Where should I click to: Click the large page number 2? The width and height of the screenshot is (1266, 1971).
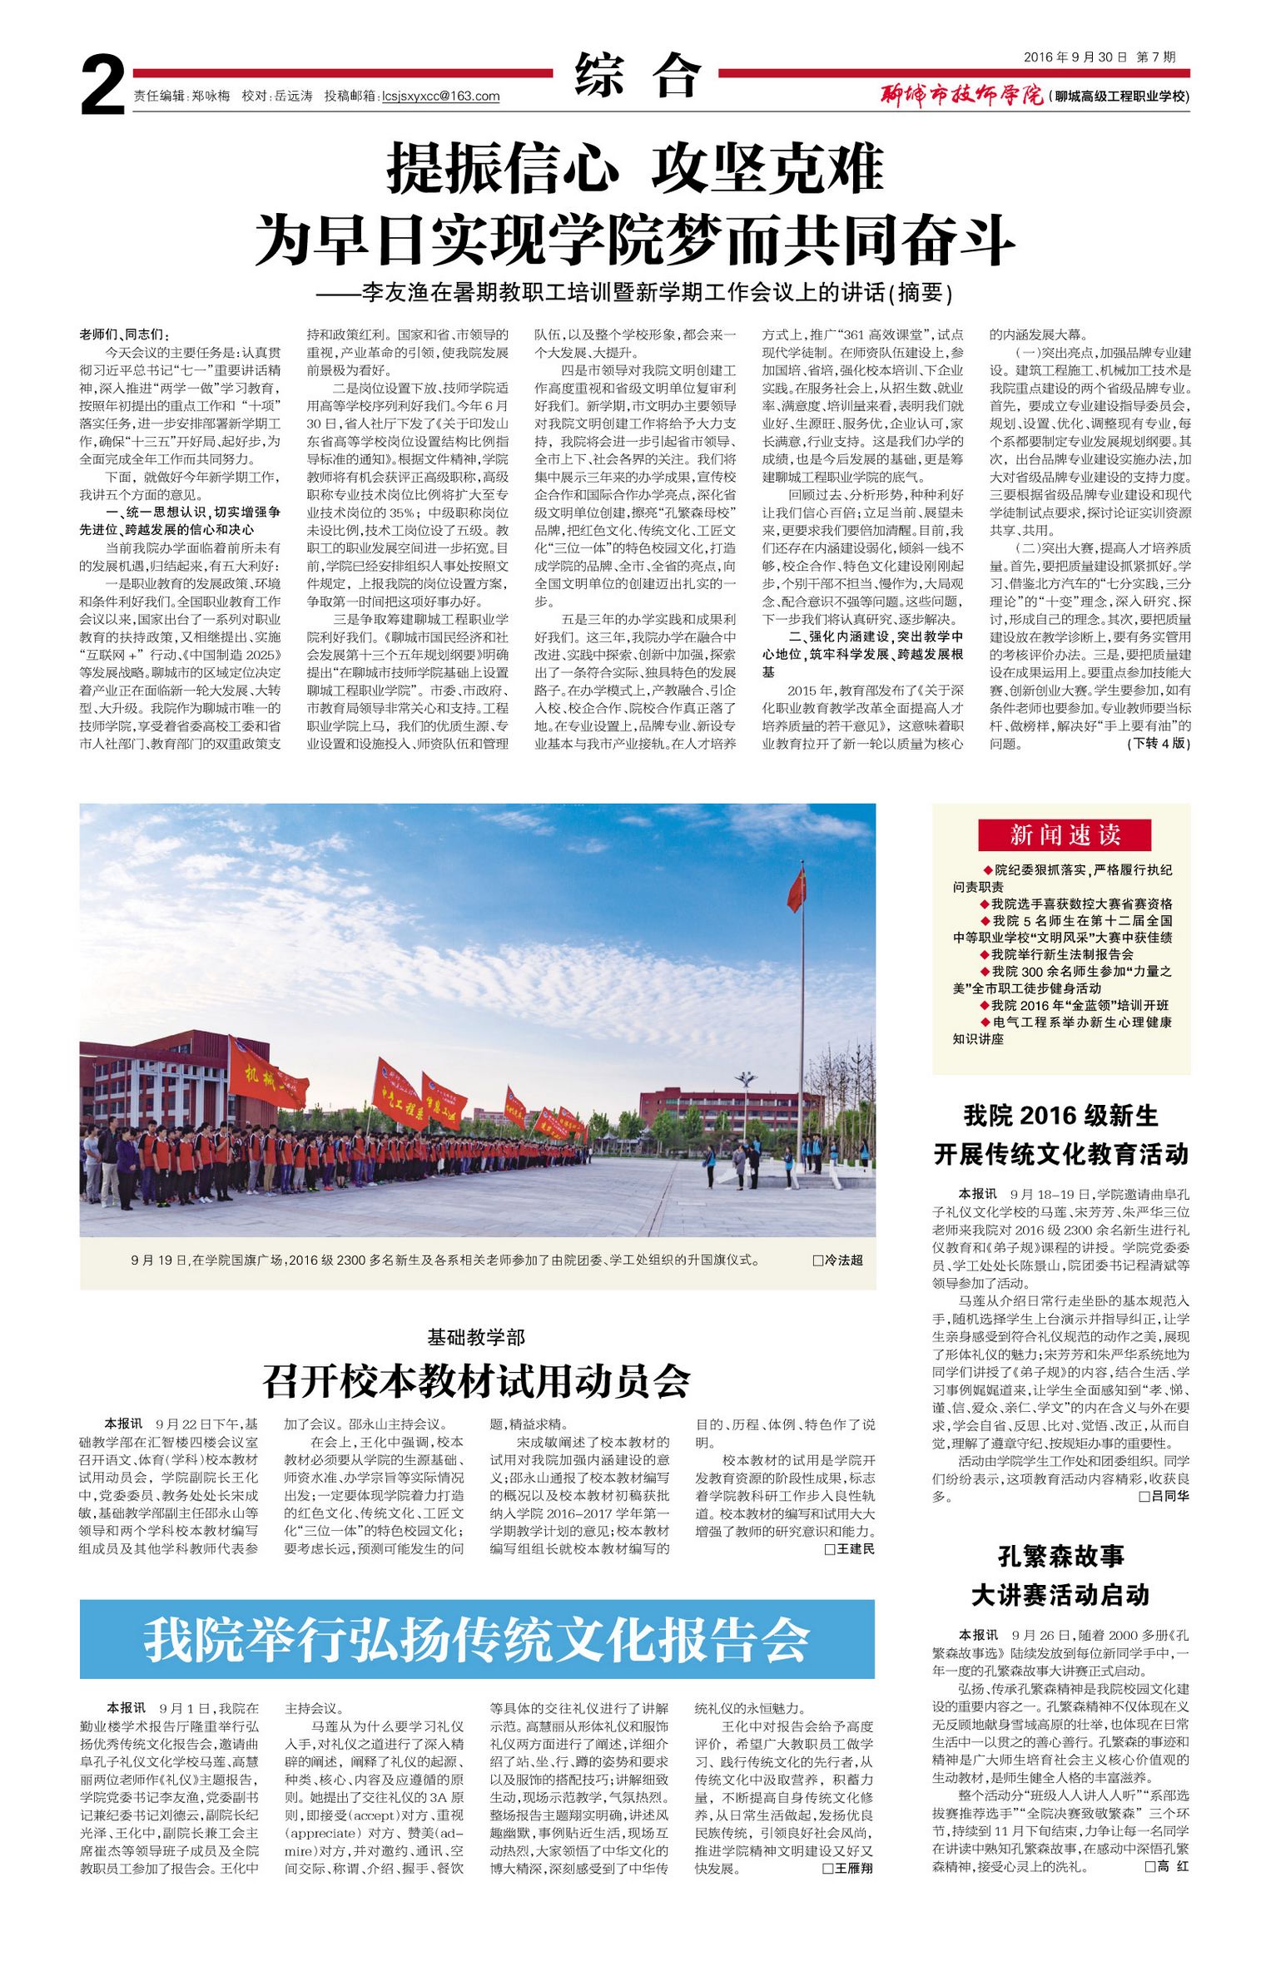pyautogui.click(x=103, y=85)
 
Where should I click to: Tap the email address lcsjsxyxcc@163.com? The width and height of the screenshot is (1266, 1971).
pyautogui.click(x=440, y=97)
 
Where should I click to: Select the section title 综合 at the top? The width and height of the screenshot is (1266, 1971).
pyautogui.click(x=638, y=76)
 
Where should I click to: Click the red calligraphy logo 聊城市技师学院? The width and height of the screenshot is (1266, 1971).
pyautogui.click(x=962, y=96)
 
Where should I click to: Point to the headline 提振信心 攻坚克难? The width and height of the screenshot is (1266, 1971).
pyautogui.click(x=635, y=169)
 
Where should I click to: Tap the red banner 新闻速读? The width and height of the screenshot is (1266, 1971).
pyautogui.click(x=1064, y=834)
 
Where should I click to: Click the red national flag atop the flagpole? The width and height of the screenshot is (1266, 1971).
pyautogui.click(x=797, y=888)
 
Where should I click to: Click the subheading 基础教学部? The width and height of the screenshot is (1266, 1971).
pyautogui.click(x=476, y=1337)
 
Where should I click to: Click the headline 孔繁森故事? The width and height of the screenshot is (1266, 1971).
pyautogui.click(x=1061, y=1556)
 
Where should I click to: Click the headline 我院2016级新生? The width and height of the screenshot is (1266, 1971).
pyautogui.click(x=1061, y=1115)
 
